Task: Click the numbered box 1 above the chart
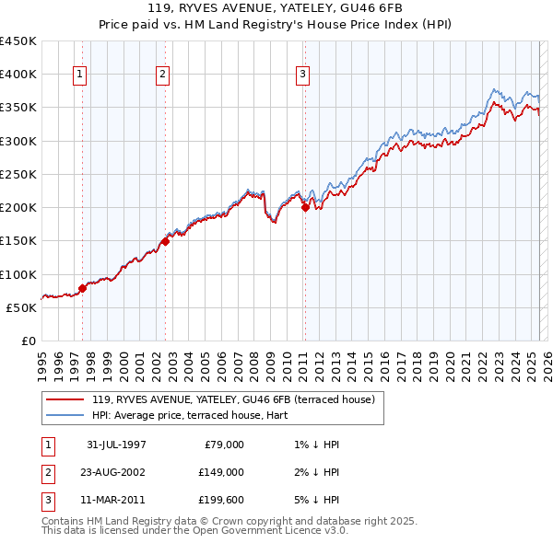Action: click(x=79, y=75)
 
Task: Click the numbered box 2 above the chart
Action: click(x=162, y=75)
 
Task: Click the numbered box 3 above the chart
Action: click(x=302, y=75)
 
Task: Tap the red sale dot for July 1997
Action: click(x=82, y=288)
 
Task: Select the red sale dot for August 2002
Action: click(x=165, y=241)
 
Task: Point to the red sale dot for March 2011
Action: click(x=304, y=207)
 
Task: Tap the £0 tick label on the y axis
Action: click(x=28, y=341)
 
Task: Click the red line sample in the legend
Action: click(x=65, y=400)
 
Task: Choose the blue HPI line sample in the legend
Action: click(x=65, y=416)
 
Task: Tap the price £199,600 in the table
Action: click(x=220, y=501)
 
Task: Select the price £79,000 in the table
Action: click(x=223, y=445)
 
